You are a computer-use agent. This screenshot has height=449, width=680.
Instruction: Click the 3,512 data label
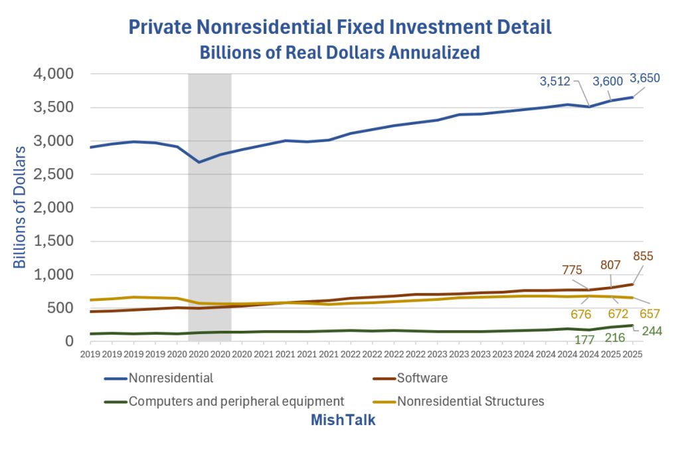coord(555,82)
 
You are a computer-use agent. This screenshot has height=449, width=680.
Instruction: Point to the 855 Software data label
coord(643,256)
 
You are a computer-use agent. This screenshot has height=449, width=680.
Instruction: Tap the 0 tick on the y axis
coord(68,341)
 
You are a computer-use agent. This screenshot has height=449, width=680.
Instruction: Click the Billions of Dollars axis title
coord(20,207)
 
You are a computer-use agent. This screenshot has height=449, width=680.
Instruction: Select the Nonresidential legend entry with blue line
coord(171,379)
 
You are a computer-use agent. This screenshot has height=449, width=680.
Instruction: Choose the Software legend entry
coord(422,379)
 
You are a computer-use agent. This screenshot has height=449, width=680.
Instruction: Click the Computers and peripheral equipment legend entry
coord(236,401)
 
